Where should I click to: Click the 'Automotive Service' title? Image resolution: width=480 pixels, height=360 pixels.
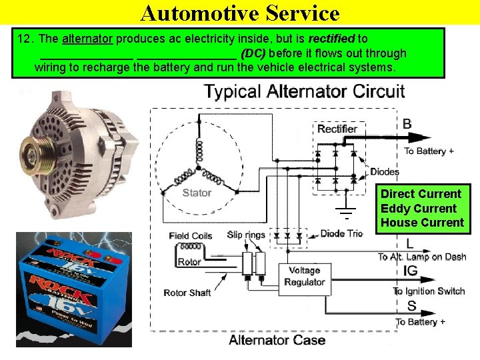240,13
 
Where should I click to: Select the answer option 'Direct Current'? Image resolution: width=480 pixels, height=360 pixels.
421,194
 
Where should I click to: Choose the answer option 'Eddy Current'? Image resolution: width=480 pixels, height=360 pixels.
419,209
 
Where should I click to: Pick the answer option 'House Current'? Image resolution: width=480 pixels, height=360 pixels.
422,223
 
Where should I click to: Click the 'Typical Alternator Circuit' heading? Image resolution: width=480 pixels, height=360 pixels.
304,91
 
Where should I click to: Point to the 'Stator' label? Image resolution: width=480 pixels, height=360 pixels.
197,193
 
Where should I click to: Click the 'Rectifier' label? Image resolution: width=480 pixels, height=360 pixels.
337,129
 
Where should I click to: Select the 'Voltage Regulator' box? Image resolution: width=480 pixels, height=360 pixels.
305,276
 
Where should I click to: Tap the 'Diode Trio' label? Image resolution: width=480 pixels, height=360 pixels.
341,233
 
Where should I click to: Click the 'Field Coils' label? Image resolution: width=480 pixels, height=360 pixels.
191,235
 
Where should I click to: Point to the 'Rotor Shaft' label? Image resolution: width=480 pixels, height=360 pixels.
188,293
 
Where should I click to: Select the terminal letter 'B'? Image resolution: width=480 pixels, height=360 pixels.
407,124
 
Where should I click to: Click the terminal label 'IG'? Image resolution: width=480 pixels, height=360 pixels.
411,271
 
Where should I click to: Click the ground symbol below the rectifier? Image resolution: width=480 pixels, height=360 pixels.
346,213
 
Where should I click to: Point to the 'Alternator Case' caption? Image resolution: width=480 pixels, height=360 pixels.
277,341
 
